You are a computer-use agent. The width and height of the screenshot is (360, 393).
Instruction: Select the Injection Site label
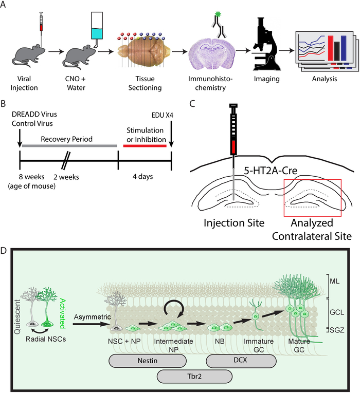click(235, 223)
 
